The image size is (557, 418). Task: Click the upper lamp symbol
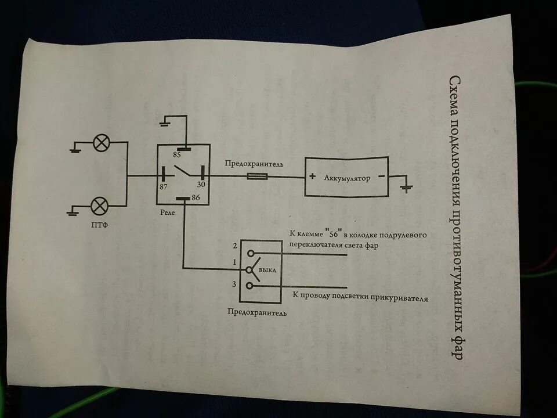102,142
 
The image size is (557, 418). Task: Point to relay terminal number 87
164,187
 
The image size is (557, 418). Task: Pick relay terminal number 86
196,198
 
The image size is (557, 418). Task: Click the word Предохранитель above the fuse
255,164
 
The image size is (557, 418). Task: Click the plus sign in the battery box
312,178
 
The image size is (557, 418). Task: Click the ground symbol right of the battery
407,188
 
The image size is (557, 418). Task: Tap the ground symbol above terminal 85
166,123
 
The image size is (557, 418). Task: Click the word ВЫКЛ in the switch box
267,271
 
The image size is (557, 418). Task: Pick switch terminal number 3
234,284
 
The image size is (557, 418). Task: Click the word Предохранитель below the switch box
258,312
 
